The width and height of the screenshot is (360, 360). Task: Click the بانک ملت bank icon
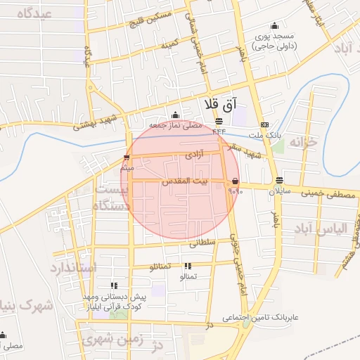coord(264,124)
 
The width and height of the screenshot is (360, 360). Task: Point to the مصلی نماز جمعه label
coord(176,124)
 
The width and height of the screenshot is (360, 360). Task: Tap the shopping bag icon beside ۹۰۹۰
coord(233,181)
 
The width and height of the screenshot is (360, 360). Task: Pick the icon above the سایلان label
coord(279,180)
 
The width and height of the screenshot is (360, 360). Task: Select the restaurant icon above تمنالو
coord(187,266)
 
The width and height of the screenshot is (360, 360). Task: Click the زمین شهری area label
coord(113,340)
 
